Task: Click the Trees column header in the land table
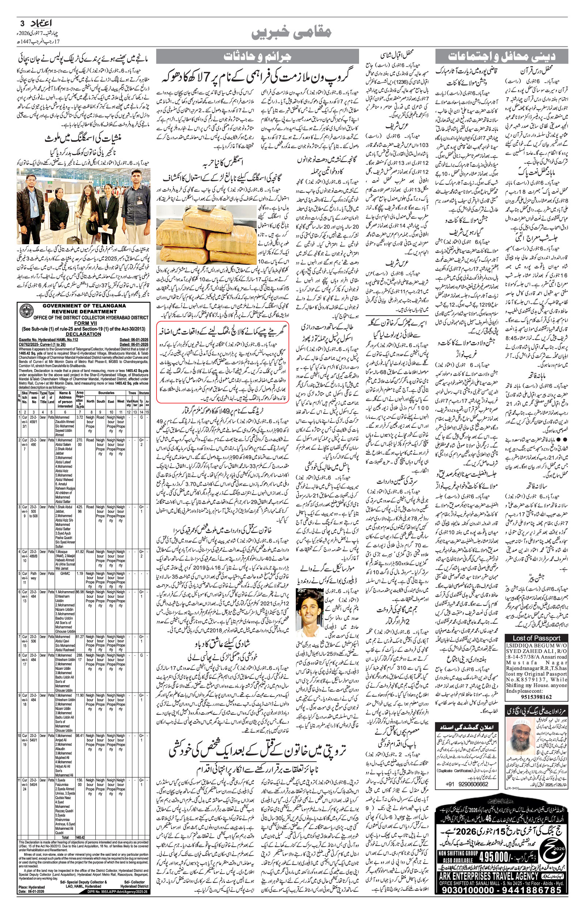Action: click(x=132, y=393)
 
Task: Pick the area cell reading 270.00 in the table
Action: click(x=80, y=442)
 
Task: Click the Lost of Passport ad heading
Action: click(x=536, y=638)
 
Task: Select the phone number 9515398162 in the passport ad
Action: click(x=536, y=697)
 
